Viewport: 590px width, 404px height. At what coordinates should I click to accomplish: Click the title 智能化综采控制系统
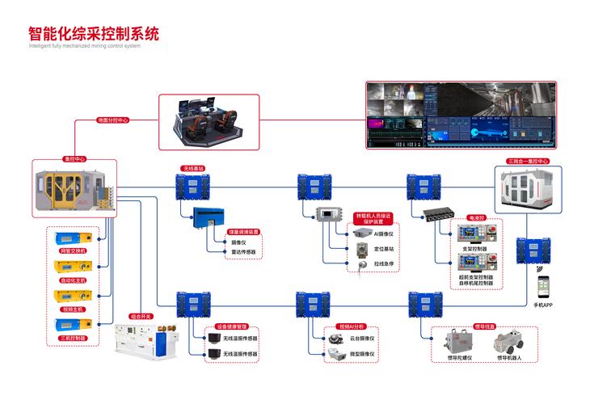93,34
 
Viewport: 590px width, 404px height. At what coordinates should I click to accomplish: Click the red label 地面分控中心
112,120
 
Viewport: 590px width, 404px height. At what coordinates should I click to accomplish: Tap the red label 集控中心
74,159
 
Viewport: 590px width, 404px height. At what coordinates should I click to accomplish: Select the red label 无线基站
194,169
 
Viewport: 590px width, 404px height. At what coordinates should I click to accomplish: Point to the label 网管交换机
74,251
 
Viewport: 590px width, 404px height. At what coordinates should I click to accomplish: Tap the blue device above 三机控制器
73,324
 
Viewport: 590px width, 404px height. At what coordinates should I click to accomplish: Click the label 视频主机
74,309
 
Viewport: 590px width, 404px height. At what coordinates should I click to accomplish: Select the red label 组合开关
141,317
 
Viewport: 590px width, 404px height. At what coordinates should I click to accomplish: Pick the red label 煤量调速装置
243,230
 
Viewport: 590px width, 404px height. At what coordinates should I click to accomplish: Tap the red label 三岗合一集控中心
528,161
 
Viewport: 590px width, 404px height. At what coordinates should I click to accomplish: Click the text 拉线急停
383,263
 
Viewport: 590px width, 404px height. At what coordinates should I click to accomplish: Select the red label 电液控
477,218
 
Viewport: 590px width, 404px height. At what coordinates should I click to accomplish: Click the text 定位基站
383,249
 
